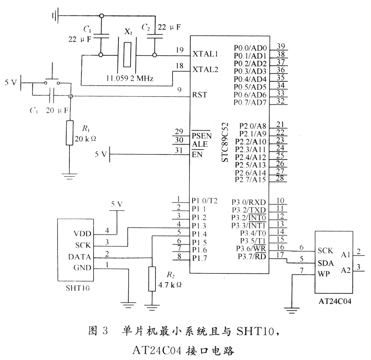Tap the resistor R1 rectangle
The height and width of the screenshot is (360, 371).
point(69,133)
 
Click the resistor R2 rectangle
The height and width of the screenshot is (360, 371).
point(152,279)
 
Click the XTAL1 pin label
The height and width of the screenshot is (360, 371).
point(205,54)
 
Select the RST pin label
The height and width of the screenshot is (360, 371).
point(199,95)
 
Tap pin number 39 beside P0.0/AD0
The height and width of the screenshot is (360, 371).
point(281,46)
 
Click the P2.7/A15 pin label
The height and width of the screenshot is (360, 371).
point(250,180)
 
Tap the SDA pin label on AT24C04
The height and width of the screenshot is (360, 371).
point(325,263)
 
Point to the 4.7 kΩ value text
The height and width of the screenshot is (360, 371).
point(170,284)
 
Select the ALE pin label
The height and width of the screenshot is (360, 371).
point(200,144)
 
